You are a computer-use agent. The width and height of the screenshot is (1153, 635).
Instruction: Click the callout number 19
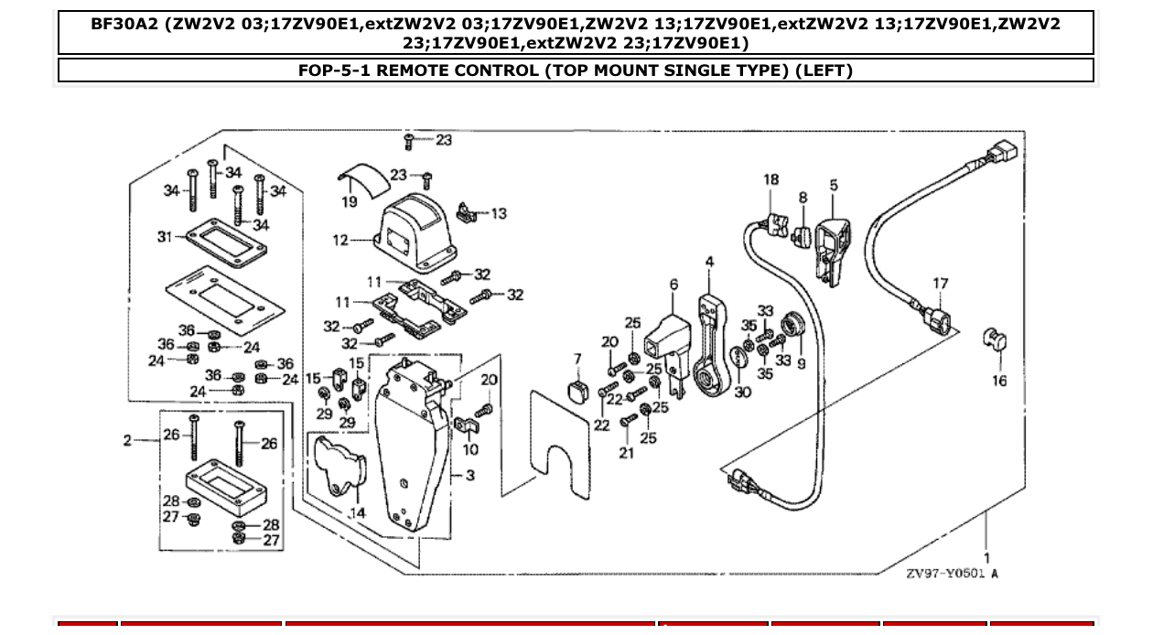click(x=349, y=201)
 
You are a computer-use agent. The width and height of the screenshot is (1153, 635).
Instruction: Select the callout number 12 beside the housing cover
click(x=340, y=241)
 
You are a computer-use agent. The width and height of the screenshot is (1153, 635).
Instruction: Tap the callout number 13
click(x=498, y=214)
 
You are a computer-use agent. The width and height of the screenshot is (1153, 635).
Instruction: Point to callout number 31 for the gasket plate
click(x=165, y=237)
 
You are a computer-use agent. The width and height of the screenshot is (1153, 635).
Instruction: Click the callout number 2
click(x=128, y=441)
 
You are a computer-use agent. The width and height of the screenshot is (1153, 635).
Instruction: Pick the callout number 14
click(x=357, y=513)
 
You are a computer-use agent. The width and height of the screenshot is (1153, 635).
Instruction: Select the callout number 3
click(x=469, y=476)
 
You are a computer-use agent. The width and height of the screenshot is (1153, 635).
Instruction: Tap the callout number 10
click(x=469, y=449)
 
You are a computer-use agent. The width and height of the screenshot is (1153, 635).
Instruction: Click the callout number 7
click(x=577, y=358)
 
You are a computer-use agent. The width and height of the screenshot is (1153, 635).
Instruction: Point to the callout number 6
click(x=673, y=285)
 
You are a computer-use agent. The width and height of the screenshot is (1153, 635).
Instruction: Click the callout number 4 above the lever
click(x=709, y=263)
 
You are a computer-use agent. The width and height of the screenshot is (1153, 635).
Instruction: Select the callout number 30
click(x=741, y=393)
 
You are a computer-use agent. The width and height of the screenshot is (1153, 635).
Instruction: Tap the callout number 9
click(x=802, y=364)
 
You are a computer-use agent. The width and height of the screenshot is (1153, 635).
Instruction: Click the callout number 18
click(x=770, y=179)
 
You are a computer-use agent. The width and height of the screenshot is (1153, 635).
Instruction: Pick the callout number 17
click(x=941, y=284)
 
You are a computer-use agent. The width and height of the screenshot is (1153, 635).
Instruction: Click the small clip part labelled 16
click(x=995, y=340)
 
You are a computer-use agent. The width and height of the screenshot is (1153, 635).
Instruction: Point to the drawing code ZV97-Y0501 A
click(x=952, y=574)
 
